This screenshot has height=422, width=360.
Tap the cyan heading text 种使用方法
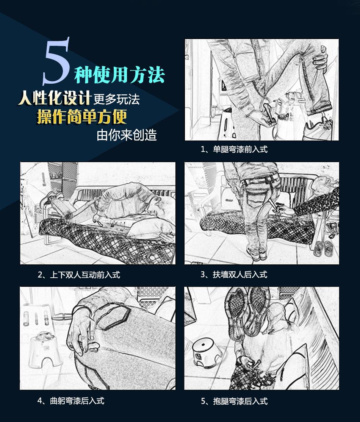(119, 74)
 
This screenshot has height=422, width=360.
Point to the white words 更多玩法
(117, 99)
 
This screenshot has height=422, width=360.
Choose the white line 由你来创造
(127, 135)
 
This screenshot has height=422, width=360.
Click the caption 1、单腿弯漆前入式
(234, 149)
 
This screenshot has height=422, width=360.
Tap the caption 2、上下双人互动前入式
(79, 275)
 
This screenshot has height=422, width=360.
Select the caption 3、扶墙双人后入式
(234, 275)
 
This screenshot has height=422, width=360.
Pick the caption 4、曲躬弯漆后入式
(71, 401)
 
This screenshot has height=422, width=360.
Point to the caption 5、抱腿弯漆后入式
(234, 401)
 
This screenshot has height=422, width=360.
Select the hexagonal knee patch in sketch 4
(113, 317)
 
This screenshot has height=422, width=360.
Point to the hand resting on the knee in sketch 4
(81, 331)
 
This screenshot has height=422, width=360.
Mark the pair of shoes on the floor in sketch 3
(323, 248)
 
